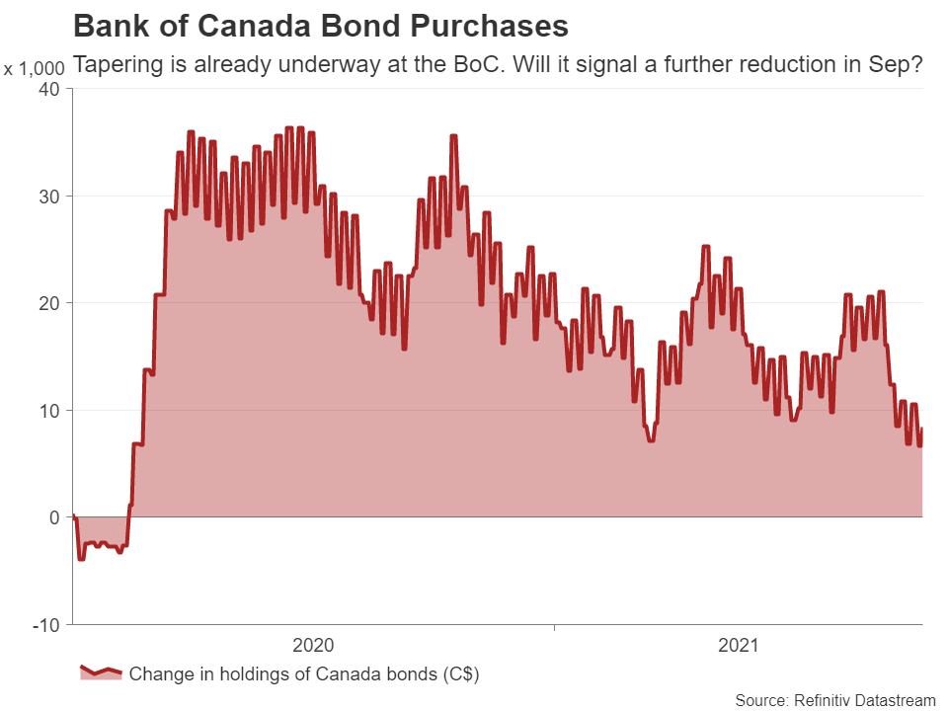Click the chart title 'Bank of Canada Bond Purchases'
[321, 25]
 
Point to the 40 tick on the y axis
[48, 89]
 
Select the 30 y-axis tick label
[48, 196]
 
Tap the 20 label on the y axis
[48, 303]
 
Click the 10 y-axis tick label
[48, 410]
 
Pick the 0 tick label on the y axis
[53, 517]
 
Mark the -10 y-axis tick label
[44, 625]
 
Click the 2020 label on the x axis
[314, 646]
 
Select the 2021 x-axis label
[738, 646]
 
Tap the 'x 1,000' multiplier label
[35, 69]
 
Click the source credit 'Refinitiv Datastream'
[864, 700]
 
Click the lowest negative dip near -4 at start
[81, 559]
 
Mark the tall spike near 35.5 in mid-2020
[453, 136]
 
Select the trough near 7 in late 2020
[651, 439]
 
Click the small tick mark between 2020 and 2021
[554, 627]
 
